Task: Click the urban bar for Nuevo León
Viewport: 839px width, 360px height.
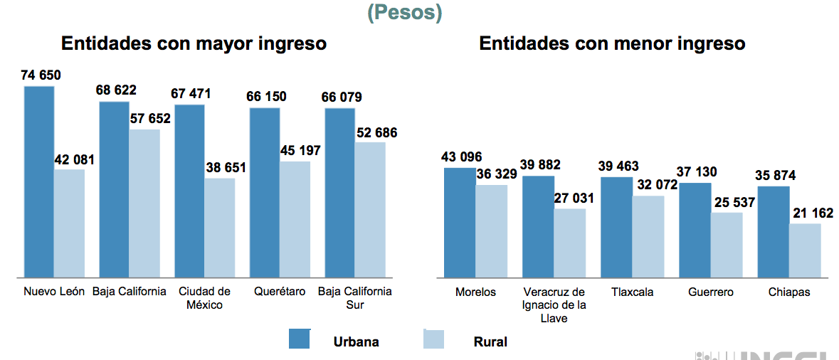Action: (39, 181)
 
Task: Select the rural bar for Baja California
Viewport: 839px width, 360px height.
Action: (144, 203)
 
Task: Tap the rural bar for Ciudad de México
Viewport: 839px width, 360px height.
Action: (220, 227)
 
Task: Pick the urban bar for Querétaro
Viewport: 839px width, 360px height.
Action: (264, 192)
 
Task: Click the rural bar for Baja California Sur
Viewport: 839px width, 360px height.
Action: (370, 209)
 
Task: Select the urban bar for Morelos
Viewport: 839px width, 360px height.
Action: (460, 222)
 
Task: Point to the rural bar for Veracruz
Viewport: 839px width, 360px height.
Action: (569, 243)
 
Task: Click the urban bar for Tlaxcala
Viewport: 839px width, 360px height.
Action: (616, 226)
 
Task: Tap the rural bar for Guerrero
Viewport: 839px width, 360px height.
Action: (727, 244)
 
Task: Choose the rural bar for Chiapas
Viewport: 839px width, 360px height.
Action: (805, 250)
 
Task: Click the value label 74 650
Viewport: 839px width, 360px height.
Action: (41, 75)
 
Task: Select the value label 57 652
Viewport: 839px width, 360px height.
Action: (150, 118)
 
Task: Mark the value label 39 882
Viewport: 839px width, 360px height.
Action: (540, 164)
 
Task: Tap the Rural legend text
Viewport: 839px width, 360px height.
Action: (490, 342)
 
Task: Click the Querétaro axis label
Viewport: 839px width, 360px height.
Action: (280, 292)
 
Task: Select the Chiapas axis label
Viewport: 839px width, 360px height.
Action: (789, 292)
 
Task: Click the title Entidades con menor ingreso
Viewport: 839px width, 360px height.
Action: (612, 43)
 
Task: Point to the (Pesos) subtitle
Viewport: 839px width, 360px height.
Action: (404, 12)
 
